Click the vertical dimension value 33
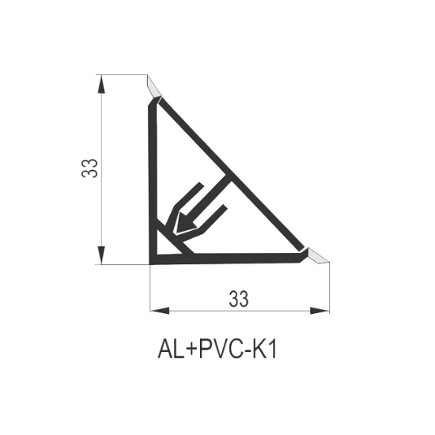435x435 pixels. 89,168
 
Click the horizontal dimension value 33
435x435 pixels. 239,299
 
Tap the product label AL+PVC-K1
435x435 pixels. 217,350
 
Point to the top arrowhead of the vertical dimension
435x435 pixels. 102,85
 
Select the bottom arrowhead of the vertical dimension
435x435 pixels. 102,255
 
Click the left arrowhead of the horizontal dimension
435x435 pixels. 160,311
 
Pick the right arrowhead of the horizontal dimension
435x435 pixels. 320,311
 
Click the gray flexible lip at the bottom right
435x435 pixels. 318,255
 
